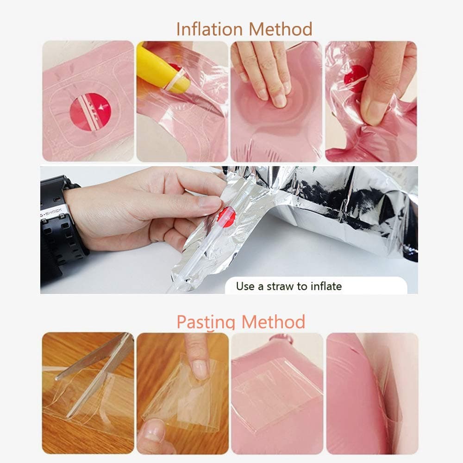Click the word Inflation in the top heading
click(x=209, y=29)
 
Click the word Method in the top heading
click(x=280, y=29)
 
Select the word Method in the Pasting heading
click(x=273, y=322)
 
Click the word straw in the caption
click(x=281, y=286)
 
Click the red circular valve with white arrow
click(x=90, y=112)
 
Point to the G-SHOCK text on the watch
click(x=51, y=212)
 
